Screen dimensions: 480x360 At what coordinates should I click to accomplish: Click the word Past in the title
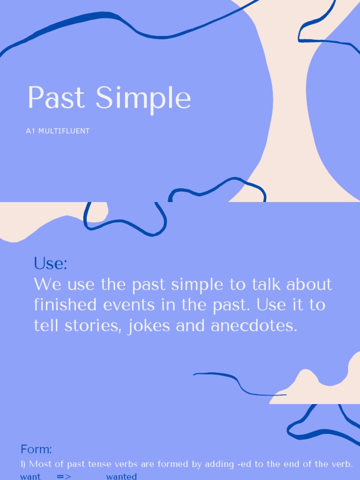[56, 98]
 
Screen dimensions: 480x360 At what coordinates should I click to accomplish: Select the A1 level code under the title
[30, 131]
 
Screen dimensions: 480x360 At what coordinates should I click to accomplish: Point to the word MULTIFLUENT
[63, 131]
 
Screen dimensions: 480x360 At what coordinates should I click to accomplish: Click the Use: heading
[50, 263]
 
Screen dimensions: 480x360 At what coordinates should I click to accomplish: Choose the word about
[309, 284]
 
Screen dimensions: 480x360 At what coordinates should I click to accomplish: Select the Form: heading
[36, 449]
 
